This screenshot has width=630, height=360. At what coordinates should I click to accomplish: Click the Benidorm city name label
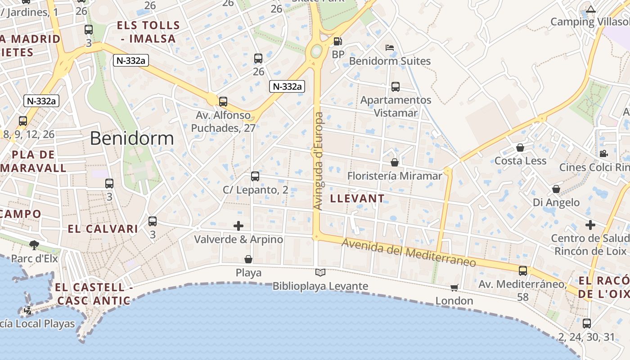pos(132,138)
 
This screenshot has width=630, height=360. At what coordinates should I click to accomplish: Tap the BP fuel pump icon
pos(337,41)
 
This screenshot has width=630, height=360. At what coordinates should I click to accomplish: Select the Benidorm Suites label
pos(390,61)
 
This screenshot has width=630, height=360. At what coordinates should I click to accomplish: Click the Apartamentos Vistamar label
pos(396,106)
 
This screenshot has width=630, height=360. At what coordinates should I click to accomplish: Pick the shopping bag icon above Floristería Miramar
pos(395,162)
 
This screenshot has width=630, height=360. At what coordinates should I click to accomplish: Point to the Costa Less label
pos(520,161)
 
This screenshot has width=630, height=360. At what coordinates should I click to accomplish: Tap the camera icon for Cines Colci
pos(603,153)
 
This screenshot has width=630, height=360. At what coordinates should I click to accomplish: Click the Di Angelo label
pos(556,202)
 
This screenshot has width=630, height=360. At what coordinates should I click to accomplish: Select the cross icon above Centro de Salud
pos(590,225)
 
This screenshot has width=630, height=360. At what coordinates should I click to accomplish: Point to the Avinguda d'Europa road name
pos(319,161)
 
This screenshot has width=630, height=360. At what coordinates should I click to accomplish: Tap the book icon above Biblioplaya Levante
pos(320,272)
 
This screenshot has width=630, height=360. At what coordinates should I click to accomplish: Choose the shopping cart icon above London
pos(454,287)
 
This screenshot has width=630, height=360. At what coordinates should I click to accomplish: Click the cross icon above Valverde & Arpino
pos(238,225)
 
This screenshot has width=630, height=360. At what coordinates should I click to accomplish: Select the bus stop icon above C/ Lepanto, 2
pos(255,176)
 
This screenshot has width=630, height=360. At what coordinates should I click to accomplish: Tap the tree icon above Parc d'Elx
pos(34,245)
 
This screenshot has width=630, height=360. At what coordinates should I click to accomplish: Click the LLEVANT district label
pos(357,198)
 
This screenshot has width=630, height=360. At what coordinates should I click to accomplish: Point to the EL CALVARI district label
pos(103,229)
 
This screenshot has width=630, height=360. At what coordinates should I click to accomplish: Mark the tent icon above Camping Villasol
pos(591,9)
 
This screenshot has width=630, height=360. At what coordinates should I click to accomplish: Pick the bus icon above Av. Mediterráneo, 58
pos(523,270)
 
